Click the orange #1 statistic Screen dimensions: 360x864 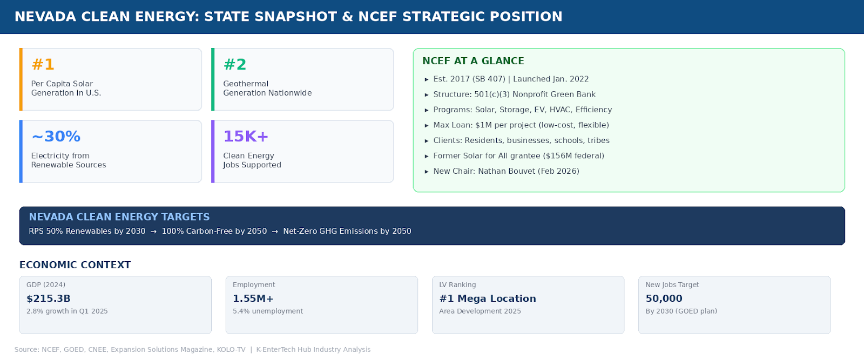click(43, 65)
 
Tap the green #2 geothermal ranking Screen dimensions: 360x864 click(235, 65)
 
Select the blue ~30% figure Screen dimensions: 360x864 click(56, 137)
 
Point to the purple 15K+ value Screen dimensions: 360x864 click(246, 137)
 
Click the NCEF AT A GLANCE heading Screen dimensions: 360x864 click(473, 61)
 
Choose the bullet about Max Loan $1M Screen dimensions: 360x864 click(521, 125)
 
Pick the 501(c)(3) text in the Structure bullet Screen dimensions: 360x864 click(492, 94)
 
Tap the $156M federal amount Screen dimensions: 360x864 click(573, 156)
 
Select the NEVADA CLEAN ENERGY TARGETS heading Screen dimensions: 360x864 click(119, 217)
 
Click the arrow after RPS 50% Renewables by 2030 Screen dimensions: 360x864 click(153, 232)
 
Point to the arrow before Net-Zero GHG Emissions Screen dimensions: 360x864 click(275, 232)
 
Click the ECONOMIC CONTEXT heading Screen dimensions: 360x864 click(75, 265)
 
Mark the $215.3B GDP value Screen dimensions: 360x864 click(49, 298)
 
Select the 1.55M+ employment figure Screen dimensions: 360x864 click(253, 298)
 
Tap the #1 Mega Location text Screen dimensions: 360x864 click(488, 298)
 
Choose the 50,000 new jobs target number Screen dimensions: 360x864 click(664, 298)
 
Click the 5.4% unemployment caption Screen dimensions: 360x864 click(268, 311)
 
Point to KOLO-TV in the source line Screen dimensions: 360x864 click(231, 350)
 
